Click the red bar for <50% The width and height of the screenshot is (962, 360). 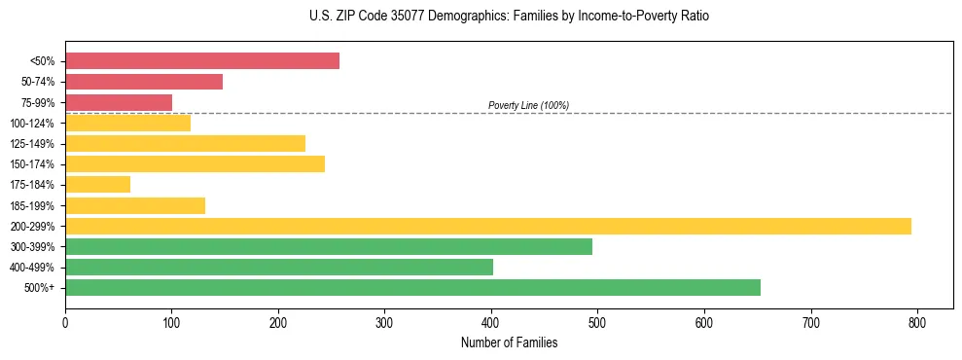[202, 61]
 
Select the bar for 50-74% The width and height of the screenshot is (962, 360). [144, 82]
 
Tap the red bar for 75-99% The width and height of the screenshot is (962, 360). [119, 102]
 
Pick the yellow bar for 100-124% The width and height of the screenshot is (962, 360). [127, 123]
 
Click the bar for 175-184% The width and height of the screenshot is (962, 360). [97, 184]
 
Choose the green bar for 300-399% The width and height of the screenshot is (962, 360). [329, 246]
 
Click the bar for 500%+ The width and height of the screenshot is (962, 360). [412, 287]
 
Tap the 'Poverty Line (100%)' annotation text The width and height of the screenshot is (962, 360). [528, 105]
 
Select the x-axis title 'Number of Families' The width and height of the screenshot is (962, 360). [509, 342]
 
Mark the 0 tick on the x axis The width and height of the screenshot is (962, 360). [65, 320]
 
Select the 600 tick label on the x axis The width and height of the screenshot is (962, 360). [704, 320]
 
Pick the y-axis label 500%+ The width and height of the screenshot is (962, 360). [39, 288]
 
